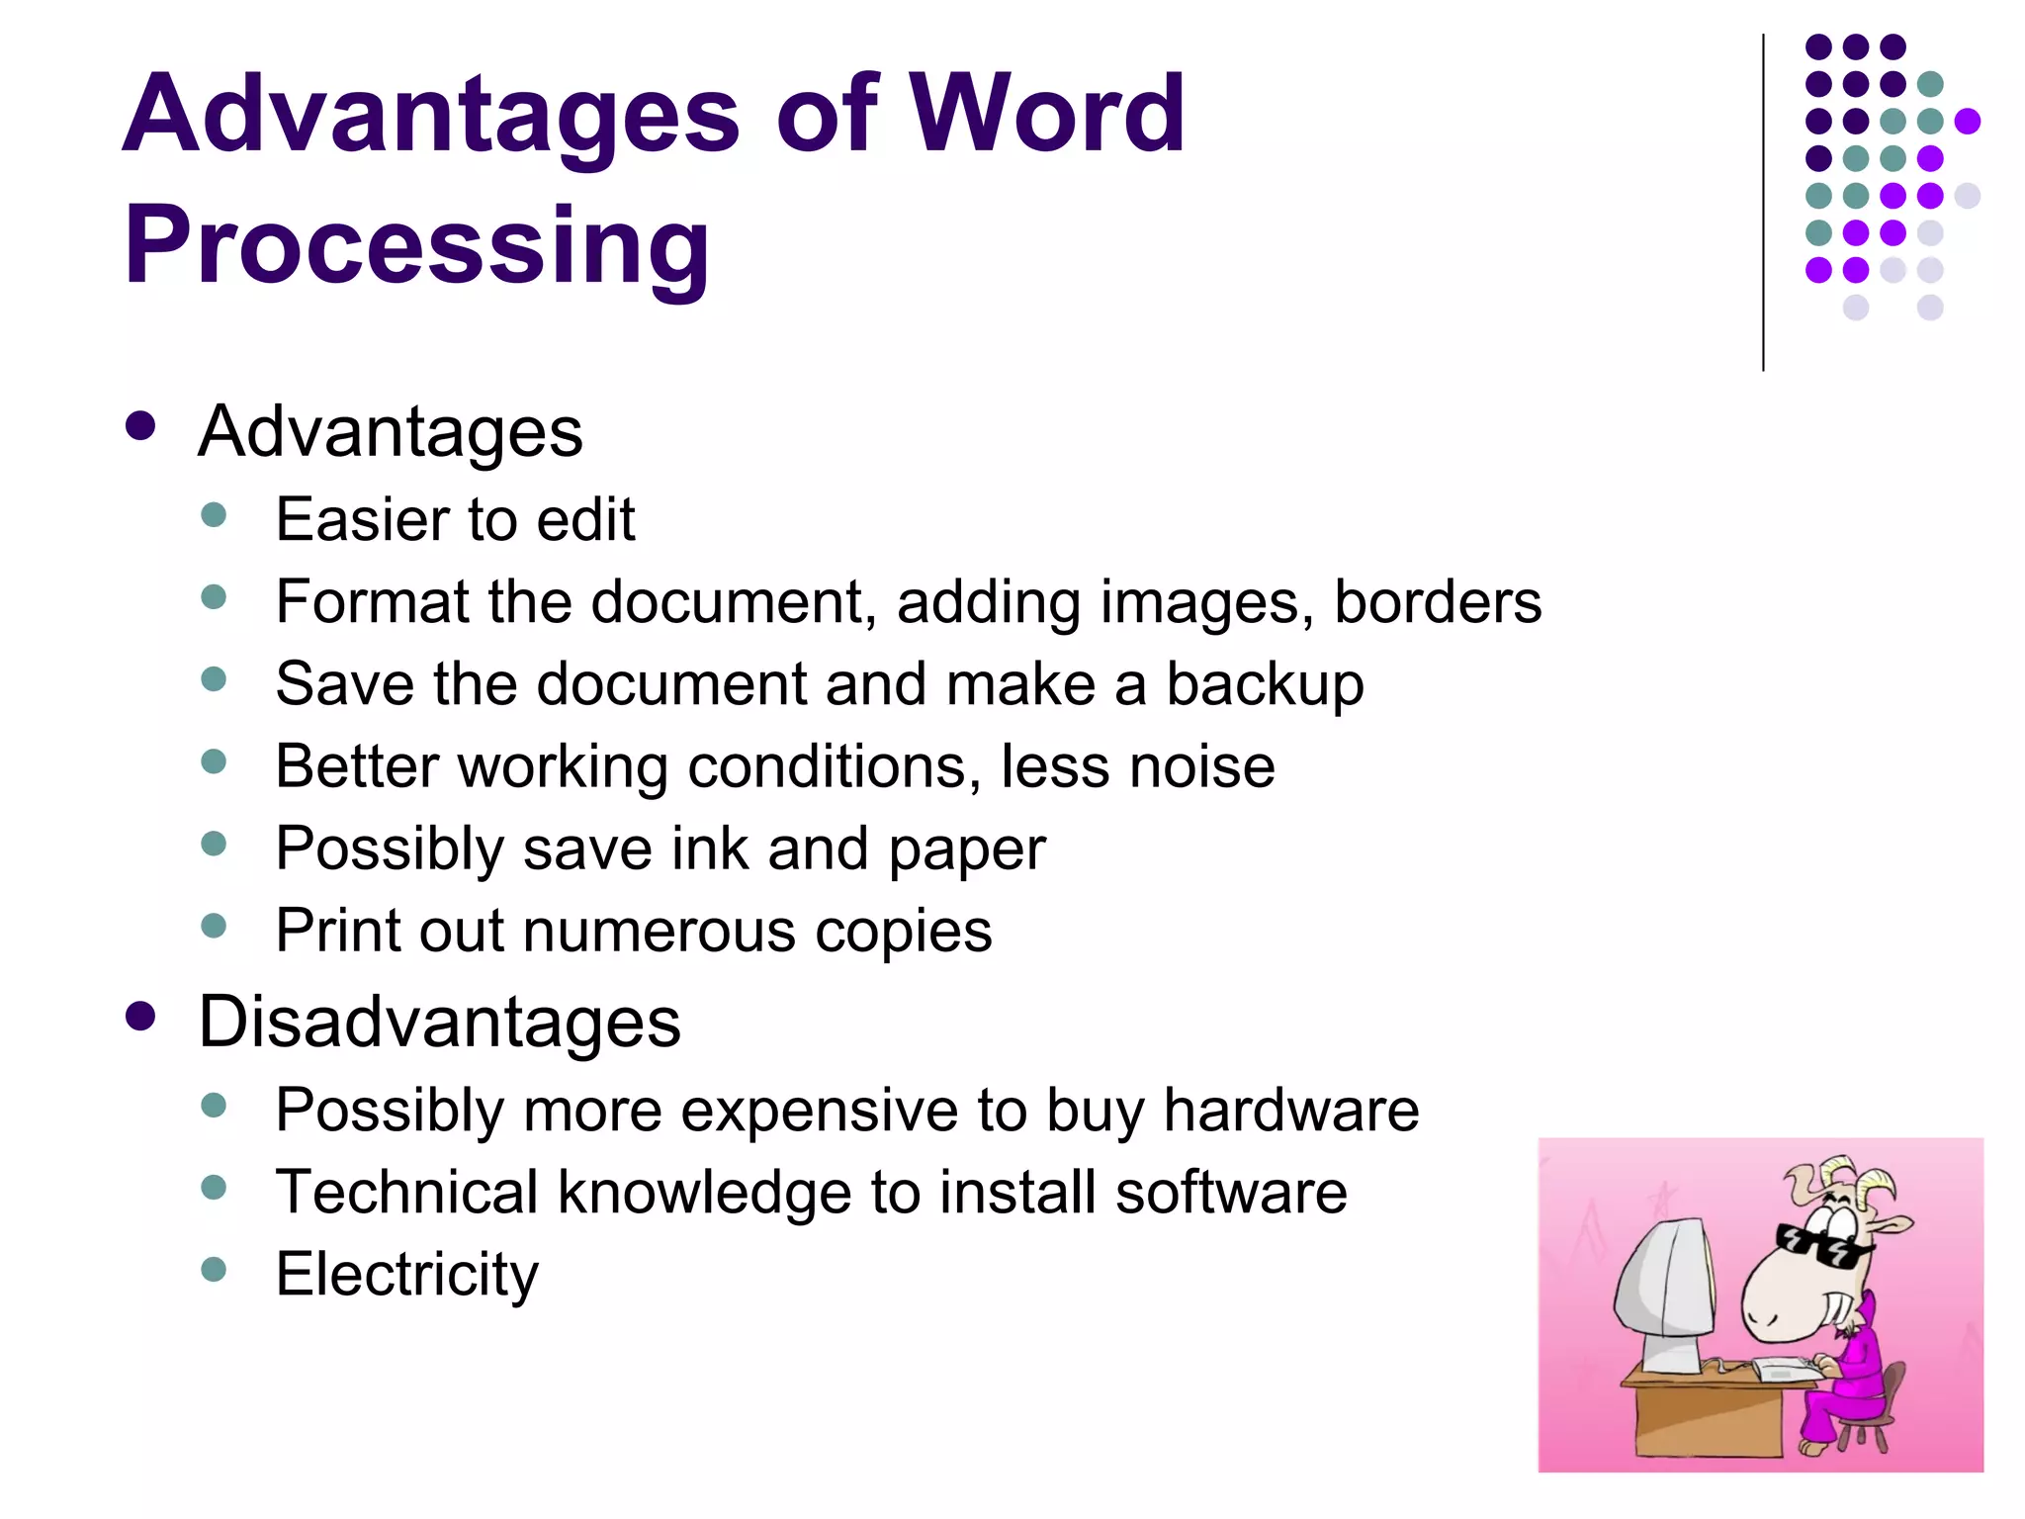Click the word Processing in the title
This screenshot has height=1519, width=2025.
[416, 244]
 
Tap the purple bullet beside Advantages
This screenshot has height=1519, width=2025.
[141, 426]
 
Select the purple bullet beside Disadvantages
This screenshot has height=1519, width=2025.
[141, 1016]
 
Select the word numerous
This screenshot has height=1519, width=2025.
[660, 931]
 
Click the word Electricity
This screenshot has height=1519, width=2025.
[407, 1274]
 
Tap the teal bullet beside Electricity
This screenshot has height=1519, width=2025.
[214, 1269]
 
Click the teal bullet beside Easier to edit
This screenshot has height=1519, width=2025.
[214, 514]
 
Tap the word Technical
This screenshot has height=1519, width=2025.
[405, 1192]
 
